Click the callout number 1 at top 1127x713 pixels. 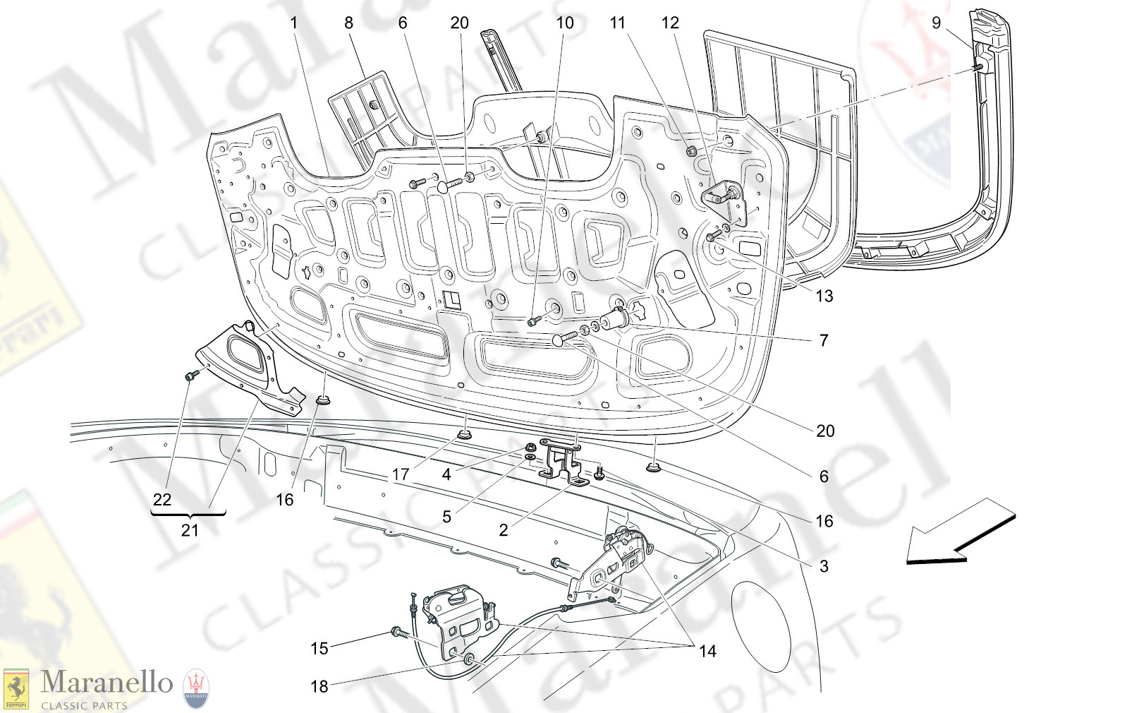click(294, 23)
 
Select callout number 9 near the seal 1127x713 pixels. click(936, 23)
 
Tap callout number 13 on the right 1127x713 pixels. click(824, 296)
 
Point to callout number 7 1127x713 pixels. click(823, 340)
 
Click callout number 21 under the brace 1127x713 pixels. click(190, 530)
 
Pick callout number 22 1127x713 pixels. click(162, 500)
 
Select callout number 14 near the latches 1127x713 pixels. click(707, 651)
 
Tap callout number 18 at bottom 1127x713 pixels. click(319, 686)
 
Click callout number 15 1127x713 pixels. click(319, 648)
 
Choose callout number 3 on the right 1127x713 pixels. click(823, 566)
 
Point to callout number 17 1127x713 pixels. click(401, 475)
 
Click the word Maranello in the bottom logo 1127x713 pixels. click(106, 683)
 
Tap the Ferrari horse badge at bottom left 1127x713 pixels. click(16, 689)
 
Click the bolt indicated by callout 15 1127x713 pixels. click(398, 633)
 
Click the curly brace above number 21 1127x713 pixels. click(188, 515)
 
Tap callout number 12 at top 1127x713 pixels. click(670, 23)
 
